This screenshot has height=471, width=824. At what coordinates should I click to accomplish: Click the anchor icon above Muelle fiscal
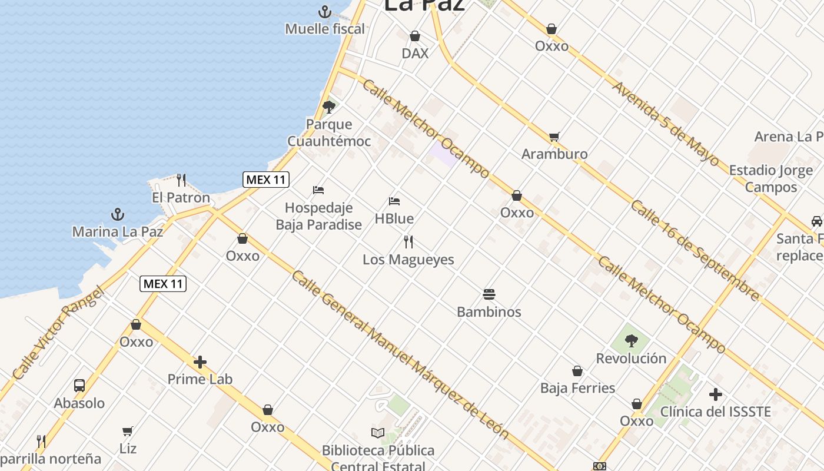coord(324,11)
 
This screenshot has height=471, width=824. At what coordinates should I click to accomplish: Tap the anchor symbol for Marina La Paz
coord(118,214)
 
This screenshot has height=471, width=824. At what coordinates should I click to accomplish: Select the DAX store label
coord(415,53)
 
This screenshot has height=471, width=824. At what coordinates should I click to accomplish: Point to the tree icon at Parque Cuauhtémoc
coord(329,107)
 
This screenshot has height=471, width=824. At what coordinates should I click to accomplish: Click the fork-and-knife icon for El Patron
coord(181,180)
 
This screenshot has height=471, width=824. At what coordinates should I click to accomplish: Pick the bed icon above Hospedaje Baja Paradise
coord(318,190)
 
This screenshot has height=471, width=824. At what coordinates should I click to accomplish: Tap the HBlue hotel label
coord(394,218)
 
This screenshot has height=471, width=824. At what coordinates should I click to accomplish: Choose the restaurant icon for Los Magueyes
coord(408,241)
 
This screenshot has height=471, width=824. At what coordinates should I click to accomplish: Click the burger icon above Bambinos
coord(489,294)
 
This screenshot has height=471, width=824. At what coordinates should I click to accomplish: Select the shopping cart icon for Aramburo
coord(554,137)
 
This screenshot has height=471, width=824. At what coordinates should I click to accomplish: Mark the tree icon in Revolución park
coord(632,340)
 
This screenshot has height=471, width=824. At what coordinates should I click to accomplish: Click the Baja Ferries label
coord(577,388)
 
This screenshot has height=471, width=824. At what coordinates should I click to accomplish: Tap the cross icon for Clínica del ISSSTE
coord(716,394)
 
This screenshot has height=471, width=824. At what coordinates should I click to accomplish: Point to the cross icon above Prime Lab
coord(200,362)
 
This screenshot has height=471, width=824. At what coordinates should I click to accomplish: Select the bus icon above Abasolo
coord(79,386)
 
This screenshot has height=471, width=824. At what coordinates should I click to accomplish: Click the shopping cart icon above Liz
coord(128,431)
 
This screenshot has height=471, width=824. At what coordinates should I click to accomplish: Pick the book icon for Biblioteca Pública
coord(378,433)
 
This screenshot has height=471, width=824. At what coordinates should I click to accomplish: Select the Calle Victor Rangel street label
coord(58,333)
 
